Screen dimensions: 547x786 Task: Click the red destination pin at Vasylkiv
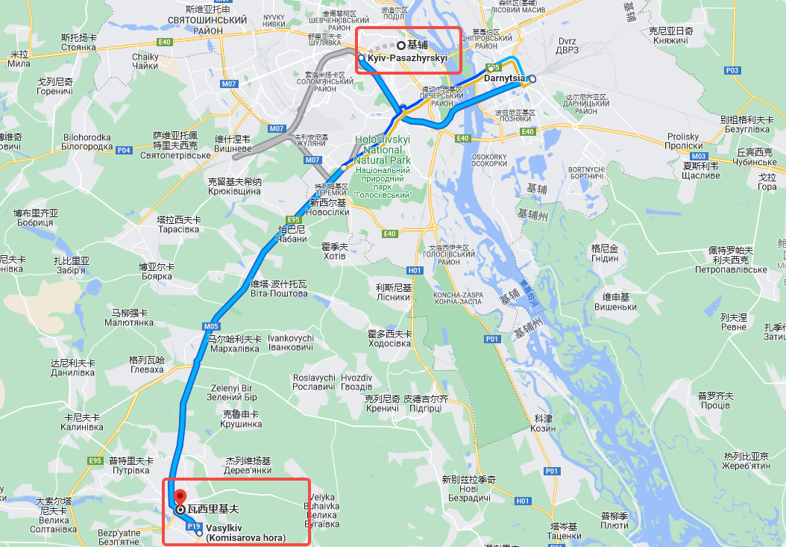pyautogui.click(x=179, y=496)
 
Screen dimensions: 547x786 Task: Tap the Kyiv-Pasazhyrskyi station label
pyautogui.click(x=407, y=57)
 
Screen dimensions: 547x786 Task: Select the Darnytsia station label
pyautogui.click(x=506, y=78)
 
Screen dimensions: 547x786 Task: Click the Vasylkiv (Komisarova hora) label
pyautogui.click(x=246, y=532)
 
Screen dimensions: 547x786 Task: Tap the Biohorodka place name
pyautogui.click(x=87, y=142)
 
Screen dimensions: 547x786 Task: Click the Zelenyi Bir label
pyautogui.click(x=233, y=393)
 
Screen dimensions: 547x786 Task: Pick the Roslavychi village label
pyautogui.click(x=314, y=382)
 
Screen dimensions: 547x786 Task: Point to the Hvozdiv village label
pyautogui.click(x=357, y=382)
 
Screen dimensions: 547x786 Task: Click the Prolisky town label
pyautogui.click(x=683, y=141)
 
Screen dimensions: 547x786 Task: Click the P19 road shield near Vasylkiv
pyautogui.click(x=195, y=526)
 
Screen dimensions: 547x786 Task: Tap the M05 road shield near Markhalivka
pyautogui.click(x=210, y=326)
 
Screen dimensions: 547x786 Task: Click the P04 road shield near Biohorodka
pyautogui.click(x=124, y=150)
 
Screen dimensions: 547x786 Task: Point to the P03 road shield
pyautogui.click(x=732, y=70)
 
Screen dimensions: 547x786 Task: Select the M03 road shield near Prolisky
pyautogui.click(x=699, y=156)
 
